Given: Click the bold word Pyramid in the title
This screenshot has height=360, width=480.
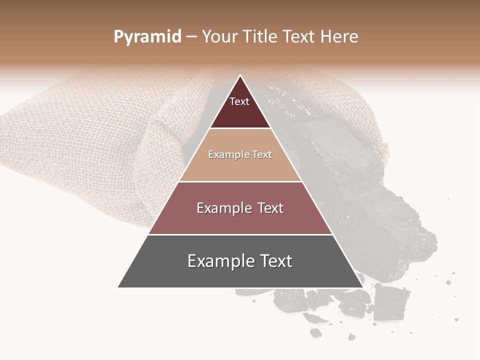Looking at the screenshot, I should [x=147, y=37].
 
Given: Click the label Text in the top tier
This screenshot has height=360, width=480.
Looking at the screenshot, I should [x=239, y=101].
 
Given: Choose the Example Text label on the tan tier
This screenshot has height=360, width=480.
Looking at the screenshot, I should [x=240, y=154].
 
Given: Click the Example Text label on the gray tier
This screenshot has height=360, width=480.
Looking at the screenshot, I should [x=240, y=261].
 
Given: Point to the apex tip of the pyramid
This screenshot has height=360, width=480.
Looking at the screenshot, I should [x=240, y=76].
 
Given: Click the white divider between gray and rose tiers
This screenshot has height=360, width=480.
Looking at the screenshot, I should [x=240, y=234].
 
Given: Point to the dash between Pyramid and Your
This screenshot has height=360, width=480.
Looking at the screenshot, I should [x=191, y=37].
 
